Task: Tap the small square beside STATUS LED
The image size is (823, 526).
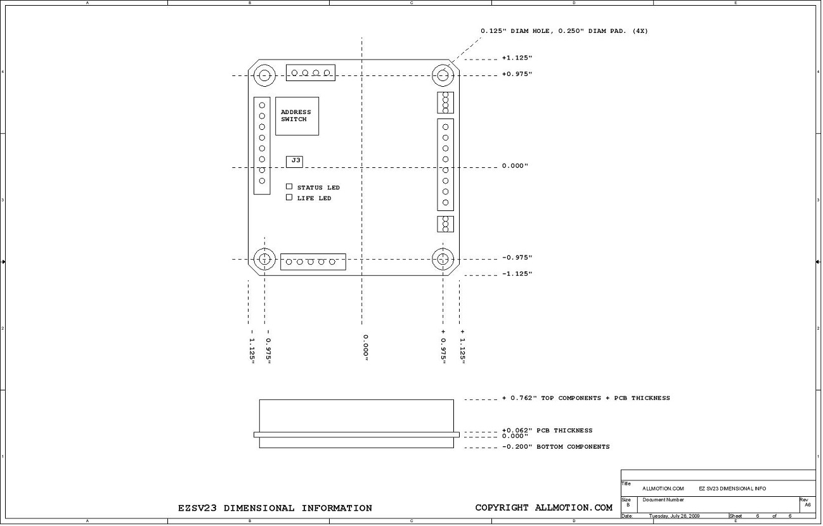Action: point(289,186)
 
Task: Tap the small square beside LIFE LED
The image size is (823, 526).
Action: point(289,197)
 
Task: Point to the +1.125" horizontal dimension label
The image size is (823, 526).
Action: point(517,58)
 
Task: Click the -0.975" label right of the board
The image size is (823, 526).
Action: point(517,257)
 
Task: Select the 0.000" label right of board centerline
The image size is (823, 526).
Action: point(515,165)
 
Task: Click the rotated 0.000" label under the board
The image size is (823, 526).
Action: point(366,347)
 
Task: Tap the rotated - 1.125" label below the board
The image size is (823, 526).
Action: point(252,347)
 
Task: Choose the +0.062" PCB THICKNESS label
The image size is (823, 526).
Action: point(547,430)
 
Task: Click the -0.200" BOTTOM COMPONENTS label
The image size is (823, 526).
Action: point(556,447)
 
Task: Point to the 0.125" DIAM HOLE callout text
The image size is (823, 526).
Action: point(564,31)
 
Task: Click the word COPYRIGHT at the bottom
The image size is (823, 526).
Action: point(502,508)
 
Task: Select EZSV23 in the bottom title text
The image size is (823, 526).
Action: point(197,508)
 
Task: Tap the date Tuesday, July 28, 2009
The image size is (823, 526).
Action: point(674,516)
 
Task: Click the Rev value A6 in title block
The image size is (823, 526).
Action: point(808,504)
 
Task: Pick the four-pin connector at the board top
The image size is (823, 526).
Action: point(311,73)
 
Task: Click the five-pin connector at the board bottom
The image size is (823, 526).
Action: point(313,262)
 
